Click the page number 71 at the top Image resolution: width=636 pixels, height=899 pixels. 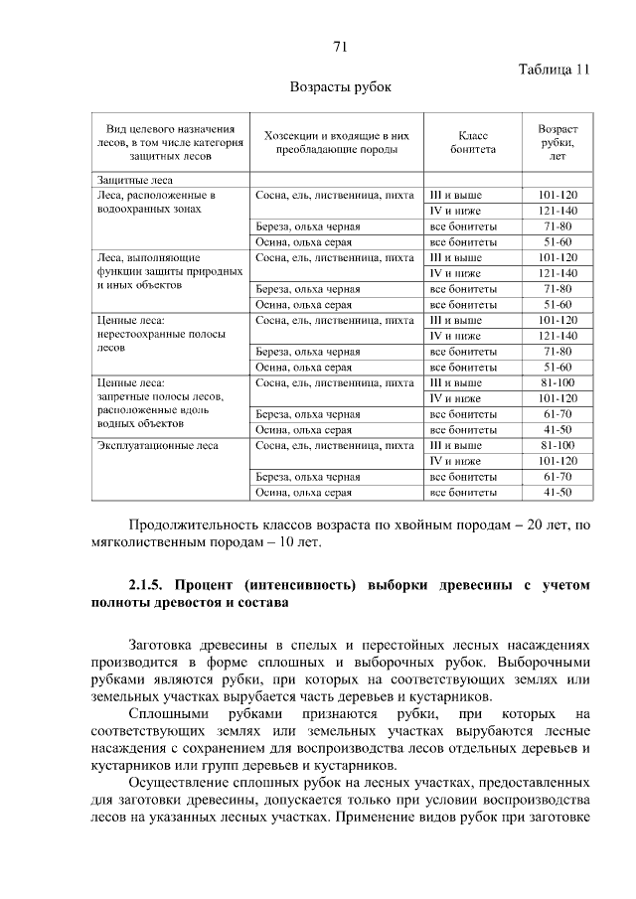pos(340,47)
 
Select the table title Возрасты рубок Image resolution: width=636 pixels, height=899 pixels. pos(340,87)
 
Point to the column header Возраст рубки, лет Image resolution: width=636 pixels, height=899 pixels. pos(557,142)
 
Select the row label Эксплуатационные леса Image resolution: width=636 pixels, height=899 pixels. pos(157,446)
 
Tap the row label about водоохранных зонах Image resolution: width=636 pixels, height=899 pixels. pos(156,203)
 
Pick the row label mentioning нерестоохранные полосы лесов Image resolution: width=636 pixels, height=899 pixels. pos(152,335)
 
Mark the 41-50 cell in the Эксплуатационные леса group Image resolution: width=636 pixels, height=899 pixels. pos(557,492)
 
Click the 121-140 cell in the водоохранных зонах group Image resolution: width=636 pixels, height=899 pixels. pos(557,211)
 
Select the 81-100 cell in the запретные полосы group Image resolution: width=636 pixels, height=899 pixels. pos(557,382)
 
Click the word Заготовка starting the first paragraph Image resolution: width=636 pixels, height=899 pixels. pos(166,644)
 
